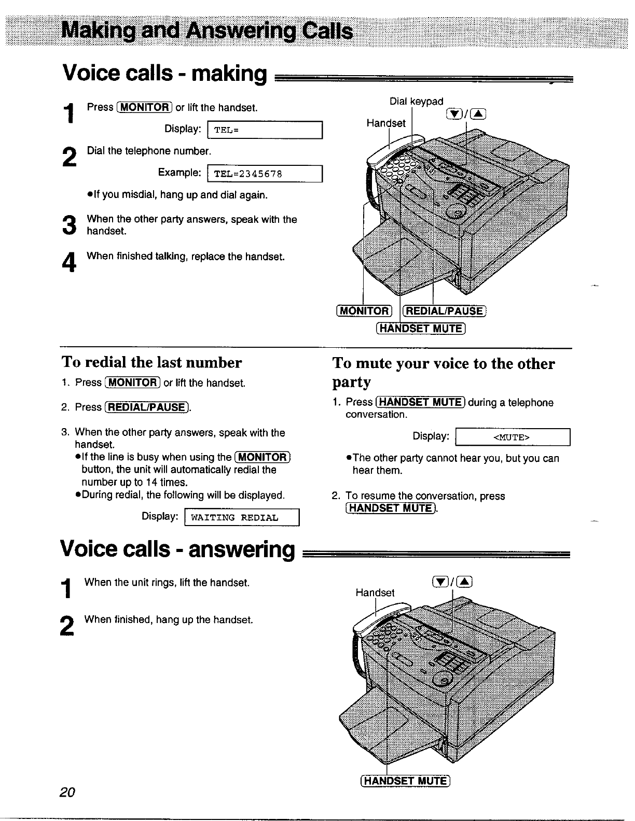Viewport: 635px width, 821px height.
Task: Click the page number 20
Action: tap(67, 792)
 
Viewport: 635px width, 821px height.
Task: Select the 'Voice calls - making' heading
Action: tap(164, 74)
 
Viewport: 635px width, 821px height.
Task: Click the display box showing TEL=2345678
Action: tap(265, 174)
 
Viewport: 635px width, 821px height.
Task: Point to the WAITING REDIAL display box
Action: tap(242, 518)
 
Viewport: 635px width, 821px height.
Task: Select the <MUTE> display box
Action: tap(512, 437)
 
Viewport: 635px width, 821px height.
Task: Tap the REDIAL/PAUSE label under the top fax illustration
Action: tap(445, 311)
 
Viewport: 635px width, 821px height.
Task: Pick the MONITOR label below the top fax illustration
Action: tap(364, 311)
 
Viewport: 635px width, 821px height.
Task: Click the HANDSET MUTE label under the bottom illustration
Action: tap(406, 781)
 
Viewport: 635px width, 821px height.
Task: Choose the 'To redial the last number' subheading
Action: tap(151, 362)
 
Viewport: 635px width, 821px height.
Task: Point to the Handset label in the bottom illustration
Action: tap(375, 592)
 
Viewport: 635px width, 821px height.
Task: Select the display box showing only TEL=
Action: tap(265, 130)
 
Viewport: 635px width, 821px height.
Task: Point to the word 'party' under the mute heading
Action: tap(352, 383)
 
